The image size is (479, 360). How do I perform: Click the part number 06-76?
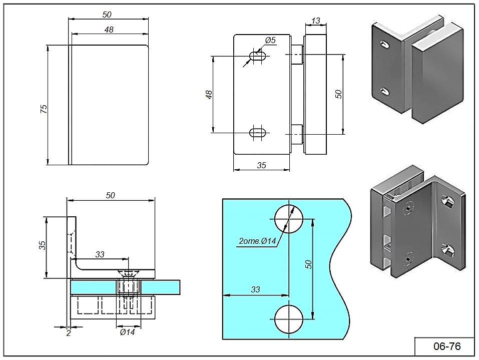[x=446, y=346]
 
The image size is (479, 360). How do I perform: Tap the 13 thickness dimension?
[x=315, y=21]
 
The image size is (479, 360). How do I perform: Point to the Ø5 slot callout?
[x=270, y=40]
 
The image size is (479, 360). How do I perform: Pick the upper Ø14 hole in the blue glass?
[x=289, y=218]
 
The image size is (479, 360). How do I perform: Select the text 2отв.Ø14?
[x=257, y=242]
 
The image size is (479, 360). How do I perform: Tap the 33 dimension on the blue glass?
[x=255, y=289]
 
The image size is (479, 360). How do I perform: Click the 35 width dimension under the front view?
[x=261, y=165]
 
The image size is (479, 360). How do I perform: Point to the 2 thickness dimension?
[x=68, y=333]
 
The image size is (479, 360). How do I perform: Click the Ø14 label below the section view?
[x=127, y=332]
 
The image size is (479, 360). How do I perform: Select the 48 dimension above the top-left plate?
[x=109, y=30]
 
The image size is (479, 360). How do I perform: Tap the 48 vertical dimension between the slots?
[x=210, y=94]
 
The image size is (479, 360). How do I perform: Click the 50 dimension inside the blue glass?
[x=309, y=264]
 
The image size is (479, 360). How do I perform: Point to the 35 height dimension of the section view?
[x=43, y=246]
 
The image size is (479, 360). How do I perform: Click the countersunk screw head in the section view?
[x=129, y=273]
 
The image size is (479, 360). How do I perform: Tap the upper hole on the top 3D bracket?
[x=384, y=45]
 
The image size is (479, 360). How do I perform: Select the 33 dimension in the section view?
[x=100, y=254]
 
